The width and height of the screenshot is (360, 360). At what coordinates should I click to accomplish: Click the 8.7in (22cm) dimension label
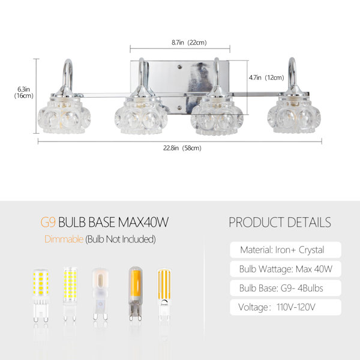click(189, 43)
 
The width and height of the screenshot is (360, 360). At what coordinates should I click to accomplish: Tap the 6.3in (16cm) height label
click(24, 92)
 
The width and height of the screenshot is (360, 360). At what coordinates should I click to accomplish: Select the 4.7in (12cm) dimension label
click(266, 77)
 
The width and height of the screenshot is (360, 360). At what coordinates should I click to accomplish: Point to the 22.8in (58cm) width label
click(182, 148)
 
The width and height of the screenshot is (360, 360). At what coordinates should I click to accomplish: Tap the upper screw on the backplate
click(180, 67)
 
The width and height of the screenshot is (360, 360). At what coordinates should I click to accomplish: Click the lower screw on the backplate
click(180, 107)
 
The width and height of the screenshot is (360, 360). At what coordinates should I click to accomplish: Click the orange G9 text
click(48, 222)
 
